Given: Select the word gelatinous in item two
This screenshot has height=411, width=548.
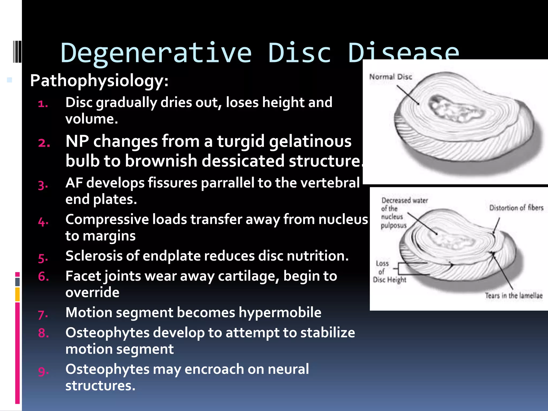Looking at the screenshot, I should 310,142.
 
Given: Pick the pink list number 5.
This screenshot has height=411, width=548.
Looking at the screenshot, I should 43,258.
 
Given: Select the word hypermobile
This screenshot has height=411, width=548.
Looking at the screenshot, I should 280,313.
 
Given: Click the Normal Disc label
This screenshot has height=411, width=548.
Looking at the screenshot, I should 390,77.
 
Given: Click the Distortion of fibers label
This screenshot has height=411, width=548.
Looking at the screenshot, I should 516,208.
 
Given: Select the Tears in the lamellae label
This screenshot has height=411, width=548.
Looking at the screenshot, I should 514,296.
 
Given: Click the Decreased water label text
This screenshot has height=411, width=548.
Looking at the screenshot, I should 404,201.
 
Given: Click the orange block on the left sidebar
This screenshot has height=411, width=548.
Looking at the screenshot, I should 17,294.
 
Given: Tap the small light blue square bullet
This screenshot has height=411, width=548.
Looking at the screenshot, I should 10,80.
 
